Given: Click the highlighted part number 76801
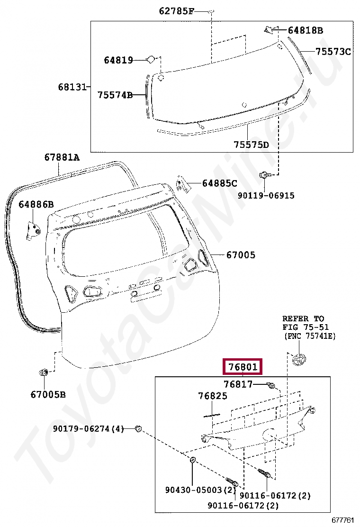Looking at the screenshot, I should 243,367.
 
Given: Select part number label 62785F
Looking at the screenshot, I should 176,11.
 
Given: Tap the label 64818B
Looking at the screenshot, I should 305,31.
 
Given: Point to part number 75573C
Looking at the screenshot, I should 333,52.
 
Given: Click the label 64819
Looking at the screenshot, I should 118,60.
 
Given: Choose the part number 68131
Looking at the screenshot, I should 72,87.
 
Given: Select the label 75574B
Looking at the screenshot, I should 115,95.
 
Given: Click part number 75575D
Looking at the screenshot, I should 251,144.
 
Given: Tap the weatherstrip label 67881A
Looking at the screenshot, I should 62,157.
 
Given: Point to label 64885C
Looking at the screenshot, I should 219,183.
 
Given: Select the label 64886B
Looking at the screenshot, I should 36,204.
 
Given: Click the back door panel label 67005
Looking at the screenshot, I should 241,255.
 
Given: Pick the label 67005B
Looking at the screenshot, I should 48,394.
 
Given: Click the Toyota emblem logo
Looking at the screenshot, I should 300,360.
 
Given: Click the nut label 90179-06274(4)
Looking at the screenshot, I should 88,429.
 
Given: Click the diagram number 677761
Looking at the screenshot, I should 342,520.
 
